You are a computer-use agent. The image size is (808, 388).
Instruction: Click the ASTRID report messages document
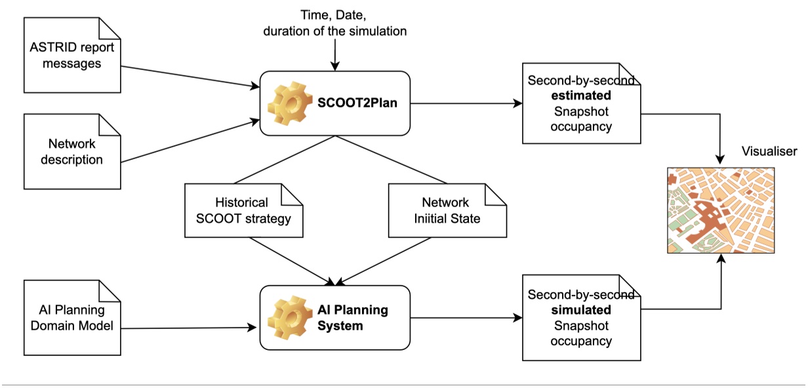coord(72,55)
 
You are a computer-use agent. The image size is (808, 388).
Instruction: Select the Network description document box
coord(72,151)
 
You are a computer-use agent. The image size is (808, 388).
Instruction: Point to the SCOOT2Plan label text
coord(358,104)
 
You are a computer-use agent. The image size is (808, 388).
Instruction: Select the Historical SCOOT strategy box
coord(243,210)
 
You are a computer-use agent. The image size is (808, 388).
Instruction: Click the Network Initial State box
coord(447,210)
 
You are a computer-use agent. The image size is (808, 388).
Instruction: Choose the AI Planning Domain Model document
coord(72,318)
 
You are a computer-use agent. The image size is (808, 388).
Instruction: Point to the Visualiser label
coord(769,151)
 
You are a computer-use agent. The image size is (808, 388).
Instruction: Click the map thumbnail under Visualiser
coord(720,210)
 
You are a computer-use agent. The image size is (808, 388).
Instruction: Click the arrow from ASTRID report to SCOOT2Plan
coord(190,76)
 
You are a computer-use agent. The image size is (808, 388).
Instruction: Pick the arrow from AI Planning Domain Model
coord(190,327)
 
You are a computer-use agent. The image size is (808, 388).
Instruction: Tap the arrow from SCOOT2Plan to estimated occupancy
coord(466,104)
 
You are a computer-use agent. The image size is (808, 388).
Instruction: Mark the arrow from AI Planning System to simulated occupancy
coord(466,318)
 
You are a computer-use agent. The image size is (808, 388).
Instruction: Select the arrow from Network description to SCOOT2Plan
coord(190,141)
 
